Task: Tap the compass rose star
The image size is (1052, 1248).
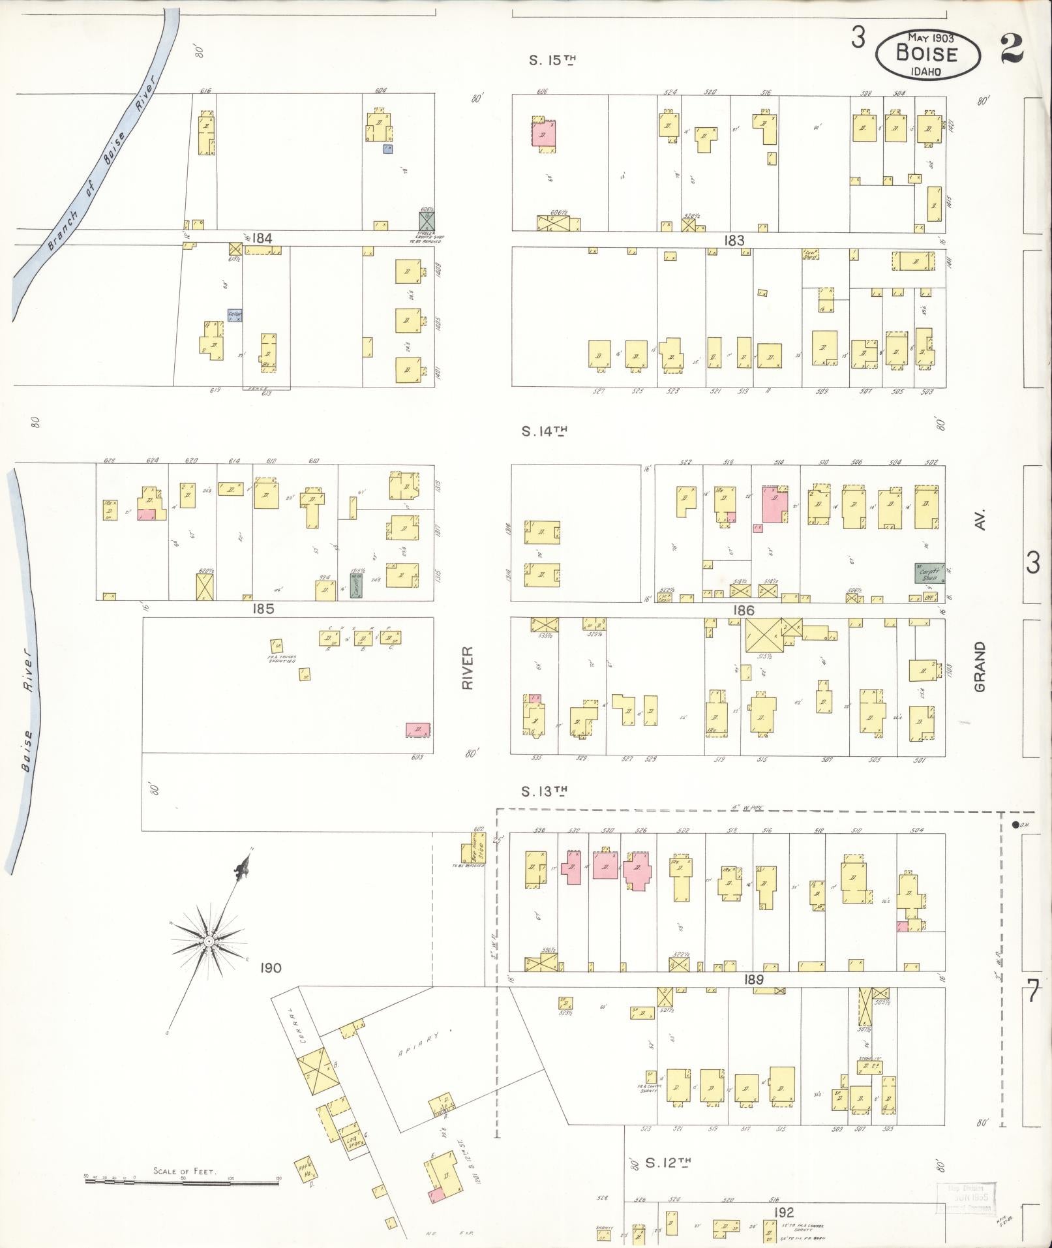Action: pos(208,941)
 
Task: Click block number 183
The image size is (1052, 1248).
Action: pos(734,240)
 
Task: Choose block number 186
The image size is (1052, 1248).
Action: pos(743,610)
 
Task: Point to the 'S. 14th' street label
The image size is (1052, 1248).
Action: pos(545,431)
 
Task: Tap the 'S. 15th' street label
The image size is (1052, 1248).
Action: pos(552,61)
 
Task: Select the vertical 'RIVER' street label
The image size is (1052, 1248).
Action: pos(467,668)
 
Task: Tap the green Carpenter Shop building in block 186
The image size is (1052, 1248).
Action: pos(926,573)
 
